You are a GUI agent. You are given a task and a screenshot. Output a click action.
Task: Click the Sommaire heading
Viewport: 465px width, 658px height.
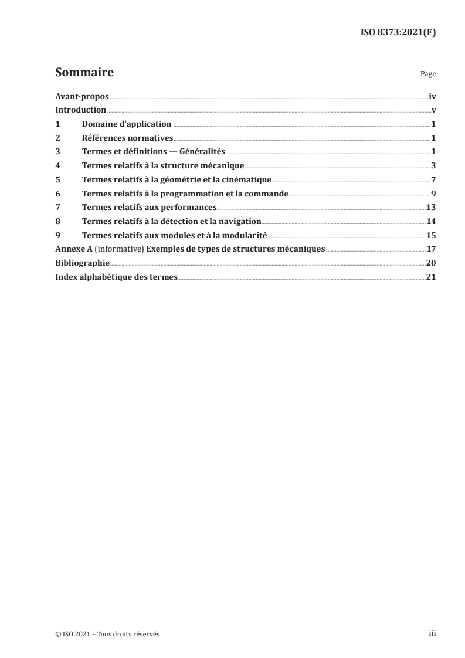pos(84,73)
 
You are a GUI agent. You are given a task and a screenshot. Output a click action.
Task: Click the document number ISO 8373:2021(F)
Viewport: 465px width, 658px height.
pos(397,33)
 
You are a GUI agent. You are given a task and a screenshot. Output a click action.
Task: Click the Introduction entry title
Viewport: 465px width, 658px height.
pos(80,110)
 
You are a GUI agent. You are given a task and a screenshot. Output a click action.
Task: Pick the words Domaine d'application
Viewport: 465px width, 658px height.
pos(127,124)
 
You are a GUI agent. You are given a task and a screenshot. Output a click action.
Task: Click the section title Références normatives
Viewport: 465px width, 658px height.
pos(128,138)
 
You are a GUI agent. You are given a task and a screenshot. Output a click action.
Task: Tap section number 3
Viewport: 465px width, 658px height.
pos(57,152)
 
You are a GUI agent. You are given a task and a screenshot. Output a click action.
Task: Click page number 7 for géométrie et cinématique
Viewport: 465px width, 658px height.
pos(433,179)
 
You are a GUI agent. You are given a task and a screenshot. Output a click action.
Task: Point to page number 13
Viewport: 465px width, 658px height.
pos(430,207)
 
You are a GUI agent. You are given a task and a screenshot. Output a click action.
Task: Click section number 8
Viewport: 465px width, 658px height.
pos(57,221)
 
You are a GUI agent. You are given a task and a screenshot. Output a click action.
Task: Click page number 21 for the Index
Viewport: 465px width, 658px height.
pos(430,277)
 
